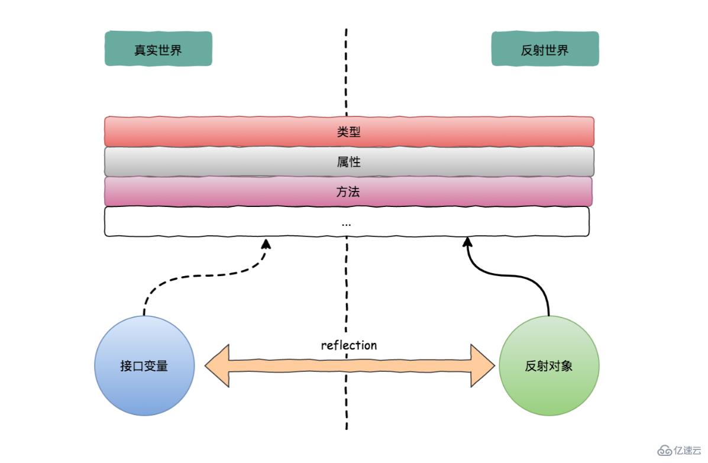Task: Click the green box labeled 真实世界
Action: tap(158, 49)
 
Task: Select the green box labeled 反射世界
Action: tap(545, 49)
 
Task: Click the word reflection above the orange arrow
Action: tap(348, 345)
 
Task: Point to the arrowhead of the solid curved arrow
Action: tap(467, 242)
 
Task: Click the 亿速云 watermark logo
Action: tap(680, 451)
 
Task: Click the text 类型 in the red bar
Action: tap(348, 131)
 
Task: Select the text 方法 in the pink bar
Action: tap(348, 191)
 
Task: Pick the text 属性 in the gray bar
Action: tap(348, 161)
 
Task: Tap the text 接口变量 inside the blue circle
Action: tap(144, 365)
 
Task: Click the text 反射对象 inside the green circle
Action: tap(549, 365)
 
